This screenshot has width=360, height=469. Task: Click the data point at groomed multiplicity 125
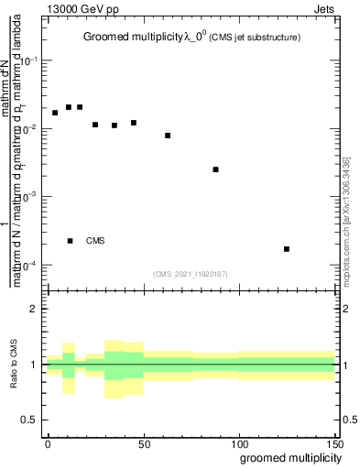[x=287, y=249]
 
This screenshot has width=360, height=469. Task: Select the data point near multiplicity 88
[x=215, y=169]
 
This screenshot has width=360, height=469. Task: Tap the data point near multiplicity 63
[x=168, y=136]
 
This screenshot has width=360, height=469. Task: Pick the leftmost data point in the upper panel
[x=55, y=113]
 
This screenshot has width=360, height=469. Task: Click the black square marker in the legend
[x=70, y=241]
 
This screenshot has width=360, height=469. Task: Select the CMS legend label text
[x=95, y=241]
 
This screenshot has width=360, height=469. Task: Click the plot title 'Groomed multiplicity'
[x=139, y=37]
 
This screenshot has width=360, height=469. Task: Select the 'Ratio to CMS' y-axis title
[x=15, y=365]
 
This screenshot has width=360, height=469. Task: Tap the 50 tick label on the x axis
[x=143, y=442]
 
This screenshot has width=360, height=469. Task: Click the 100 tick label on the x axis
[x=238, y=442]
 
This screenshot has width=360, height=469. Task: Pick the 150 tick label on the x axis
[x=333, y=442]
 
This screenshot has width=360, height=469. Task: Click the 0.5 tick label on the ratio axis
[x=29, y=420]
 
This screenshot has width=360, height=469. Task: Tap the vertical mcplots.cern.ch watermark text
[x=346, y=219]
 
